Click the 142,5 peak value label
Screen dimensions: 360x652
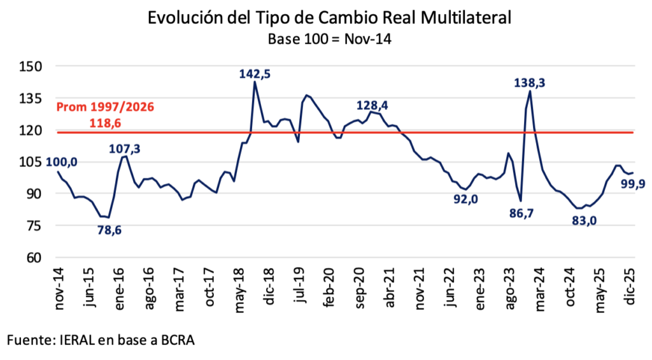click(x=255, y=74)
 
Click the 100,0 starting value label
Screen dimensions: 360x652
click(x=62, y=162)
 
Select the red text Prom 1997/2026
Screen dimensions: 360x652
click(x=105, y=107)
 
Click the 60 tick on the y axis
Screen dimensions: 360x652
click(x=33, y=257)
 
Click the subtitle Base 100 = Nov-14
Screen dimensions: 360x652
click(x=329, y=38)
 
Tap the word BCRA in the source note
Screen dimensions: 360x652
click(x=176, y=341)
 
